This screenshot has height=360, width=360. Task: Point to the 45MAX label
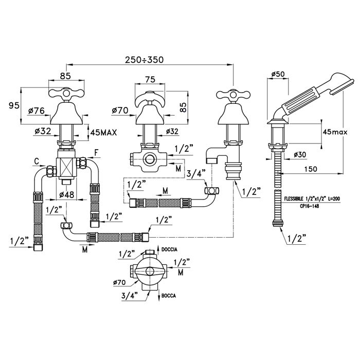click(104, 132)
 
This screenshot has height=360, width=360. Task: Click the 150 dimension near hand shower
click(310, 168)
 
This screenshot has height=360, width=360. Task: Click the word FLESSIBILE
click(295, 197)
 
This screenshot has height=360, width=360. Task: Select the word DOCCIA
click(170, 249)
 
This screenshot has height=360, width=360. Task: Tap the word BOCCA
click(168, 297)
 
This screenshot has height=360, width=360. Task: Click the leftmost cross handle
click(61, 94)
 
